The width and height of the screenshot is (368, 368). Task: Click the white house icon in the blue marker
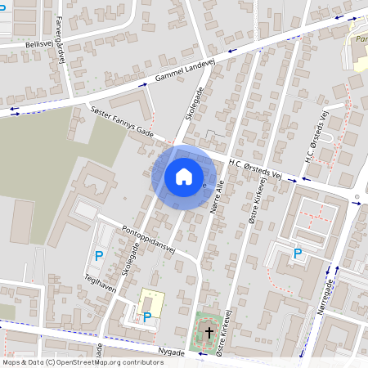184,176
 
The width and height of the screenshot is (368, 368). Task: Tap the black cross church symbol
209,333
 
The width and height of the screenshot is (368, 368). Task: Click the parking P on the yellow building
147,316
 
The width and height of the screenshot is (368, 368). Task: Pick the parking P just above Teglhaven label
99,256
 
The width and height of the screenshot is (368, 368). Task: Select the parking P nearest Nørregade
298,254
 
